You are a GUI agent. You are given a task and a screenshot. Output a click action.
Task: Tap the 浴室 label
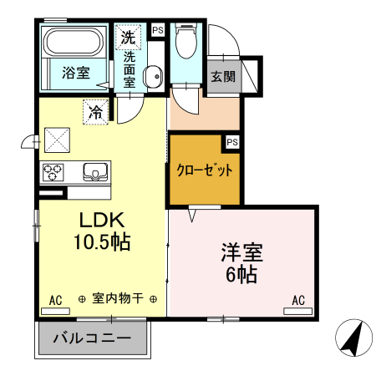click(x=76, y=74)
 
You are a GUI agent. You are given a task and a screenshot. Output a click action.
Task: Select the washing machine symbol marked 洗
click(x=129, y=37)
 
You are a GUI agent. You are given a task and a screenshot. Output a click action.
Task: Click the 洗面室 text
click(x=130, y=70)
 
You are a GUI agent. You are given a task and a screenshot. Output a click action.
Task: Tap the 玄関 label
click(x=222, y=77)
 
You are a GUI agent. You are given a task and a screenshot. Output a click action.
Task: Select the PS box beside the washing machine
click(x=157, y=31)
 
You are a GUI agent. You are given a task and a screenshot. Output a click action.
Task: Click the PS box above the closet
click(x=232, y=141)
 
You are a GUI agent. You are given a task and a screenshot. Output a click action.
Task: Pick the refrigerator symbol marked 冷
click(x=97, y=111)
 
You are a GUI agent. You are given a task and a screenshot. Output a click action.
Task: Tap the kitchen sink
click(x=95, y=173)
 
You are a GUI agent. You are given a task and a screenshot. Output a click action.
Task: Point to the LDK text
click(x=102, y=221)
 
